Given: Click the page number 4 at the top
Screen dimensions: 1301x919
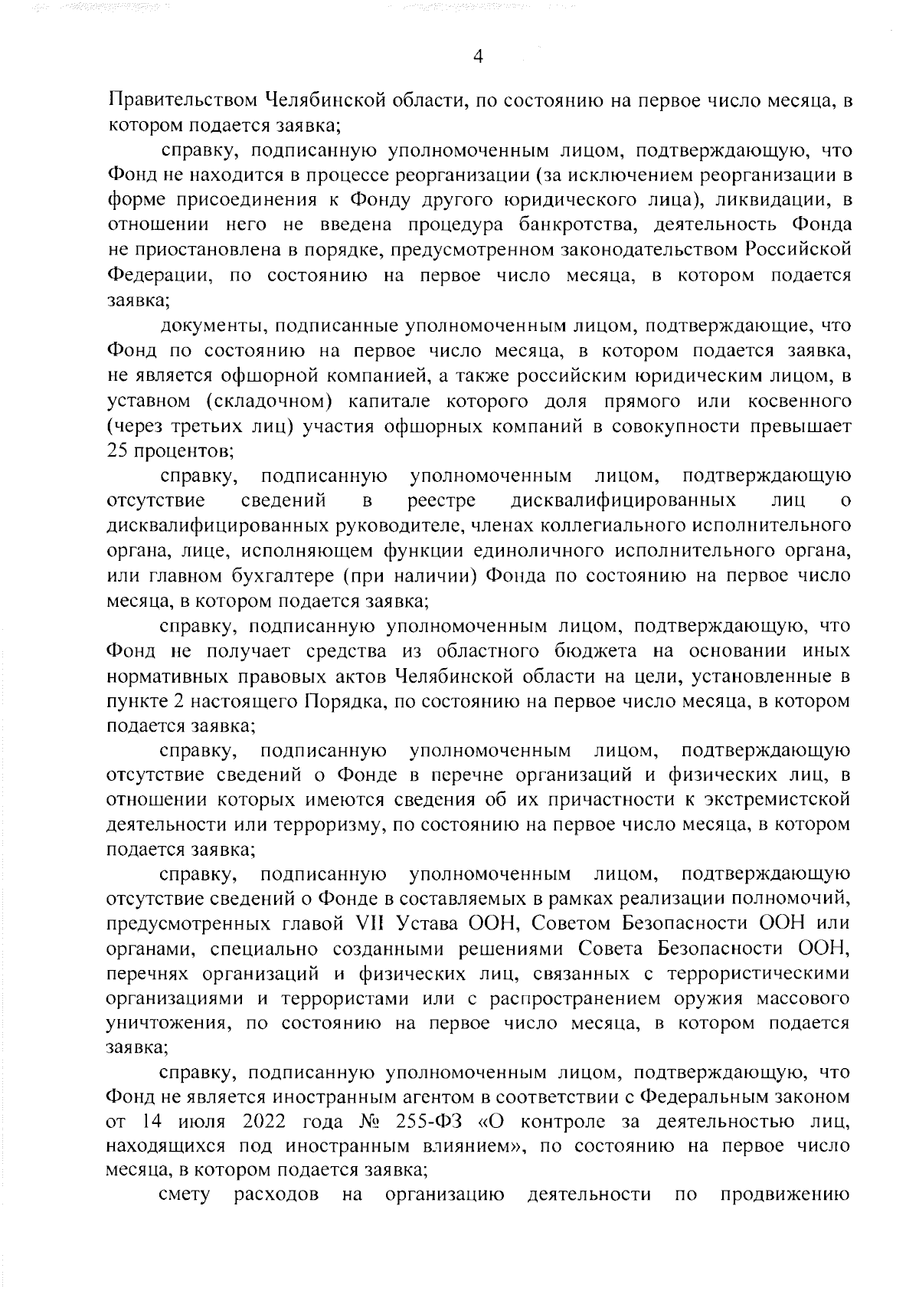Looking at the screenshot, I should [477, 56].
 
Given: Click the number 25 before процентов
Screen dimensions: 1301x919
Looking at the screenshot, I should [116, 451].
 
